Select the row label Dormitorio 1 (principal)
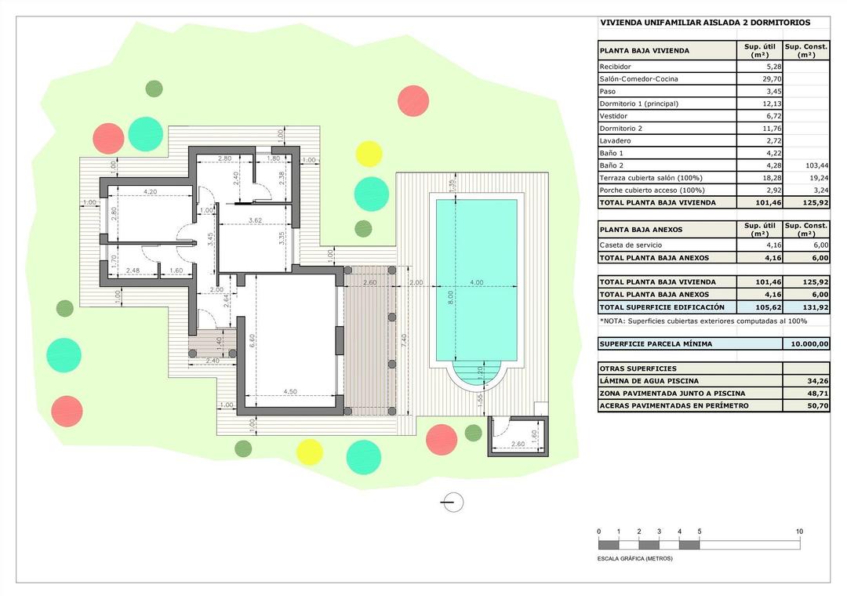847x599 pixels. (639, 103)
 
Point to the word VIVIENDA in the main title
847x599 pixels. (623, 24)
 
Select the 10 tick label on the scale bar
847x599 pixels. (799, 532)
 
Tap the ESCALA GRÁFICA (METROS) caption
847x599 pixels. (635, 559)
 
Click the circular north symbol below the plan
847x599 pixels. (453, 503)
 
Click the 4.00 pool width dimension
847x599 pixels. (476, 282)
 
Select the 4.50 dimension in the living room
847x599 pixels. (289, 392)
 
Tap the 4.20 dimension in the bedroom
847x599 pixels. (151, 191)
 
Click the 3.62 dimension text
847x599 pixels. (254, 220)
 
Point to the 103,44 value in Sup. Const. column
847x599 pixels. (816, 165)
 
